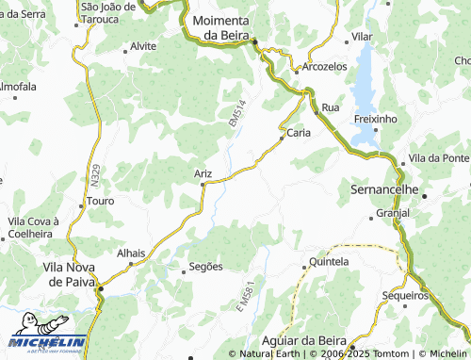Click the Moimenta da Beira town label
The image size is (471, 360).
[219, 28]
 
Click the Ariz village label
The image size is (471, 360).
[203, 173]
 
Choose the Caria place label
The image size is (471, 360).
[299, 133]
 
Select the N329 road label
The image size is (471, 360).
[97, 175]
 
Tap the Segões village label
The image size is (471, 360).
[205, 267]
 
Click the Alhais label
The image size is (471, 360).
[131, 254]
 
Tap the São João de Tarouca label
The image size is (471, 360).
[101, 12]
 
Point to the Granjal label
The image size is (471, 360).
[392, 214]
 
